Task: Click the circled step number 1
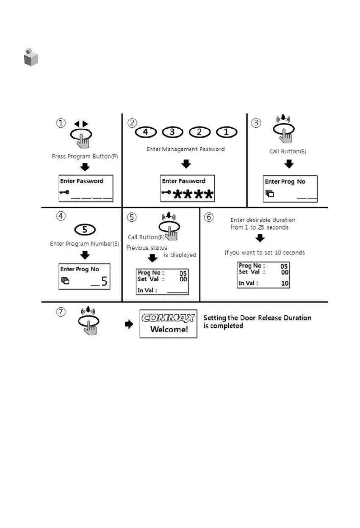click(61, 123)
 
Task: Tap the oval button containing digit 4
click(145, 132)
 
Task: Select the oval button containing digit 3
click(172, 132)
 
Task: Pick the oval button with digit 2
click(199, 132)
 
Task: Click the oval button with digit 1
click(226, 132)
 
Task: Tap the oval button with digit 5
click(85, 229)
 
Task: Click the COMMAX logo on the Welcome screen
click(168, 318)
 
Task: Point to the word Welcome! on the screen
click(169, 329)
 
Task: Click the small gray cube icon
click(31, 58)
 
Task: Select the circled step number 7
click(61, 312)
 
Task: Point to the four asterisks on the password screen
click(193, 195)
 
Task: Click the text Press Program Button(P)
click(85, 156)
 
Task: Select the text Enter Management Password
click(186, 149)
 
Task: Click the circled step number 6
click(209, 217)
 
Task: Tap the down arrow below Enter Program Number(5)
click(85, 255)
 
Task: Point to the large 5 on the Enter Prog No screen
click(104, 281)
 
